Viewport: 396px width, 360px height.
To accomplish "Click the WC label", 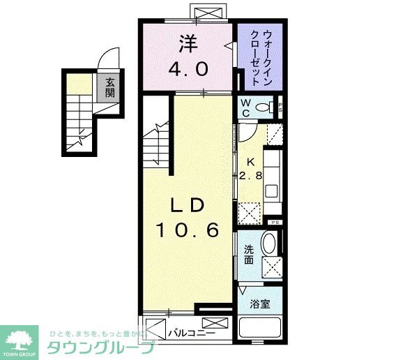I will point(246,107).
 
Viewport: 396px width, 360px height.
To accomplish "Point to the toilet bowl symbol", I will point(264,107).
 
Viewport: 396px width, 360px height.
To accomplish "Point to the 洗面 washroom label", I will point(248,255).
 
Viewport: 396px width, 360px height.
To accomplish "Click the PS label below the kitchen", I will point(274,223).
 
